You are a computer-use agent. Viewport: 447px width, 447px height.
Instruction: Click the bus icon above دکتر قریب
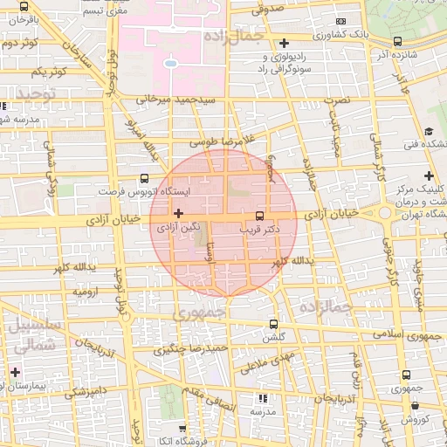tap(258, 215)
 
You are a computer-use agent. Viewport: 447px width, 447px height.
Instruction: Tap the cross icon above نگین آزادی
tap(179, 213)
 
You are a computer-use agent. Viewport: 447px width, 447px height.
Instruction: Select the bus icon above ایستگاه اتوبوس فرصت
tap(144, 177)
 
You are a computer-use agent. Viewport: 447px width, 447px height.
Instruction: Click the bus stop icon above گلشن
tap(274, 324)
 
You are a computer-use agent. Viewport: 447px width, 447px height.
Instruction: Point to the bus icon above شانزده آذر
tap(398, 41)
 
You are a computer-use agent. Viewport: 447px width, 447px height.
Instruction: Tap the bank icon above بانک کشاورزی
tap(340, 22)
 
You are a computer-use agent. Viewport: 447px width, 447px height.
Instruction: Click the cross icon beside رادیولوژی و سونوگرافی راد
tap(284, 43)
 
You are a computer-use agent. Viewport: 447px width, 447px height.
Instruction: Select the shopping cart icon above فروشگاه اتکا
tap(182, 430)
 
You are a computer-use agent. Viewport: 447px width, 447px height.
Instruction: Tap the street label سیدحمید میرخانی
tap(175, 100)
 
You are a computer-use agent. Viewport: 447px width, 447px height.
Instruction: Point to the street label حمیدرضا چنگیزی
tap(190, 350)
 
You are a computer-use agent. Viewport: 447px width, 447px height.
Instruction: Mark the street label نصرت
tap(336, 100)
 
